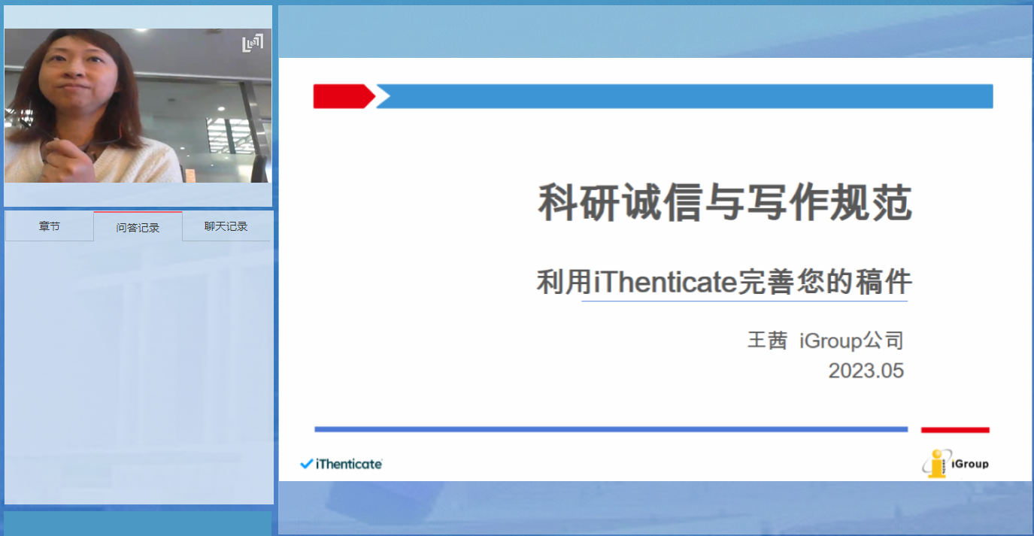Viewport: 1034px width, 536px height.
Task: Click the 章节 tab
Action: click(x=50, y=226)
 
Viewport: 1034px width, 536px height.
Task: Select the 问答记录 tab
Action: click(x=138, y=227)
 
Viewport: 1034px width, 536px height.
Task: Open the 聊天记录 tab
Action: click(x=226, y=226)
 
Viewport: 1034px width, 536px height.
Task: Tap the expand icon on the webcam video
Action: click(x=253, y=43)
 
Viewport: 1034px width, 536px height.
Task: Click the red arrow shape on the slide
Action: click(x=344, y=96)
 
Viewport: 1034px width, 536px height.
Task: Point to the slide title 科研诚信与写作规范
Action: click(x=725, y=202)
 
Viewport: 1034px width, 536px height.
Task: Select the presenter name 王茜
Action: click(x=767, y=341)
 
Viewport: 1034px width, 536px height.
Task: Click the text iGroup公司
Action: click(x=851, y=341)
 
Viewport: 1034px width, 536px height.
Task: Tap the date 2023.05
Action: click(x=866, y=371)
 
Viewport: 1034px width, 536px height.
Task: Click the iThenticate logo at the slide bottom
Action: click(x=341, y=464)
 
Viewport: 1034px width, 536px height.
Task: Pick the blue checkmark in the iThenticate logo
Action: click(x=307, y=464)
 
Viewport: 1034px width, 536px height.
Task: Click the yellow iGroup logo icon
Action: click(x=936, y=464)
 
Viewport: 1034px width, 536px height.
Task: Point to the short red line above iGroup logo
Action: click(x=955, y=430)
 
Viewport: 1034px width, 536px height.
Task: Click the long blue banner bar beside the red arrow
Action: click(x=685, y=96)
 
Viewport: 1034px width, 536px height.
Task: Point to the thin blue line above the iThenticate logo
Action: click(x=611, y=429)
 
